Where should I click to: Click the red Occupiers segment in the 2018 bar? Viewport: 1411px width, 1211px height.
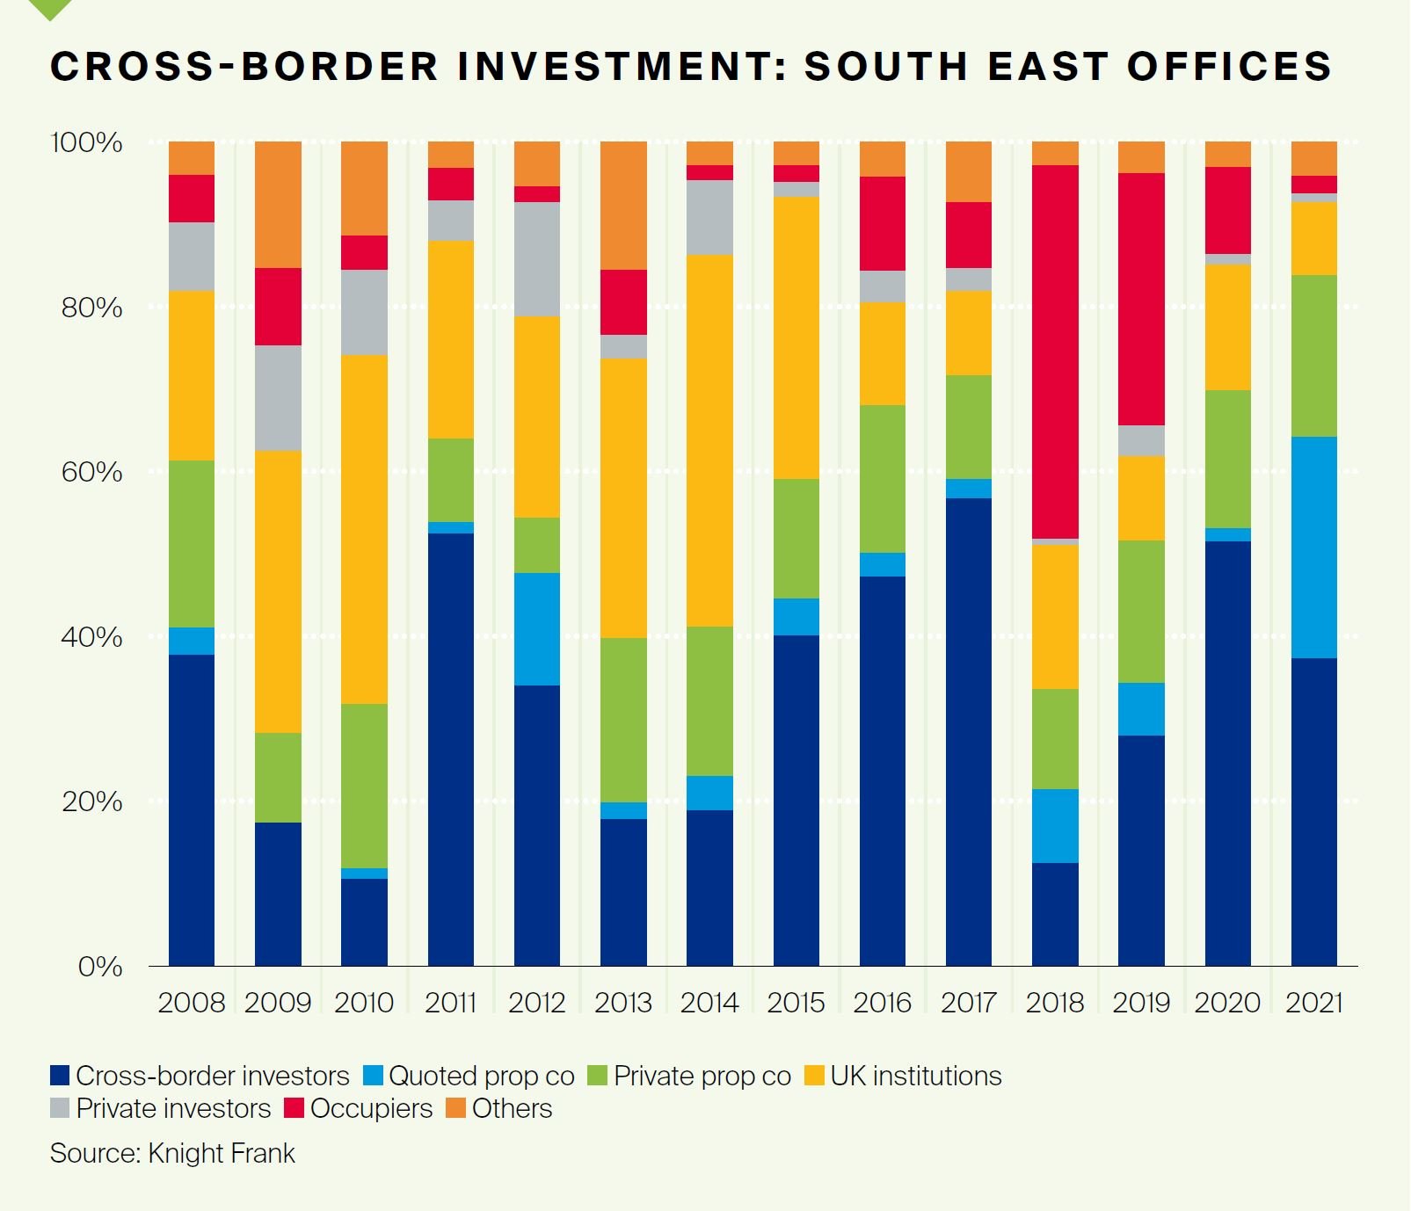(x=1055, y=352)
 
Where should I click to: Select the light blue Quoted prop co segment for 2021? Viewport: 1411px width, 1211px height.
(x=1313, y=547)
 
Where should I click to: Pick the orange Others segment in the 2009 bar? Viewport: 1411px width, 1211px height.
(x=278, y=204)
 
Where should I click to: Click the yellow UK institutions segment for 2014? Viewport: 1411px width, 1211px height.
(x=709, y=439)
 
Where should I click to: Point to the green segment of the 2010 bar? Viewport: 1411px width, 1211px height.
(x=364, y=785)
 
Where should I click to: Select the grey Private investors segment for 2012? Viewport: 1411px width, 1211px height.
(x=537, y=258)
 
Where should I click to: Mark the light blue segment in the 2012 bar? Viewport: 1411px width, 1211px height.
(x=537, y=628)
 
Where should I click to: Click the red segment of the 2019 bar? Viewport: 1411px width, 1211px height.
(x=1141, y=299)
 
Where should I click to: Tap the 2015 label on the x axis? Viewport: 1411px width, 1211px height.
(x=796, y=1002)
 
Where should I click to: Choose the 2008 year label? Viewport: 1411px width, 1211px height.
(x=192, y=1002)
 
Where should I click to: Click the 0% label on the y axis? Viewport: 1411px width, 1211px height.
(x=99, y=967)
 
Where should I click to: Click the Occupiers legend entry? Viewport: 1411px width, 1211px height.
(x=370, y=1108)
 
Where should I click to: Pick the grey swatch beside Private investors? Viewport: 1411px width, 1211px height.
(x=60, y=1108)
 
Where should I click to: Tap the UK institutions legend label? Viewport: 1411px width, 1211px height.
(x=915, y=1076)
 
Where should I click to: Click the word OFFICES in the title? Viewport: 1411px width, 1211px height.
(x=1229, y=67)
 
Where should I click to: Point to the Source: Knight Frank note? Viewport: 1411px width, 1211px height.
(x=172, y=1153)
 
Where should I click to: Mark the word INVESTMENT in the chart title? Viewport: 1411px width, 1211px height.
(x=622, y=67)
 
